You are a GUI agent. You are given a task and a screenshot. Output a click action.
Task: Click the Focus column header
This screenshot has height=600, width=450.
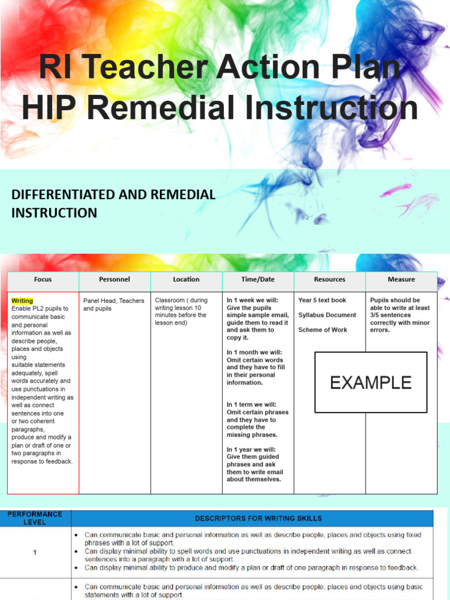tap(43, 280)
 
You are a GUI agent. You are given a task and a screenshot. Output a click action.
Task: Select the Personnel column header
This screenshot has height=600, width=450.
tap(114, 280)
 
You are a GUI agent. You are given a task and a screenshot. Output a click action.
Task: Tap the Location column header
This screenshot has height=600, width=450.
tap(186, 280)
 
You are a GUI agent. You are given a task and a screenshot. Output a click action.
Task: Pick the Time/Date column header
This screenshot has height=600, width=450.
tap(258, 280)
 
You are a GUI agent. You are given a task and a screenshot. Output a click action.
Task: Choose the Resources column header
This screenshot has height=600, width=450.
tap(329, 280)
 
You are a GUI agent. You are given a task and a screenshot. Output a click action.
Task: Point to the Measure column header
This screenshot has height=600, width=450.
tap(401, 280)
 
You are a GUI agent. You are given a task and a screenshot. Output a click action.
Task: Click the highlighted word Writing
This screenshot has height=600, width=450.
tap(22, 301)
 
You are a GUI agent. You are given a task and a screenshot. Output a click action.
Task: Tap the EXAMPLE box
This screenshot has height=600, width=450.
tap(370, 383)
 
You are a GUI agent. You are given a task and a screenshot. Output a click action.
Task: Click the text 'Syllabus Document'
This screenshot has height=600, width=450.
tap(327, 315)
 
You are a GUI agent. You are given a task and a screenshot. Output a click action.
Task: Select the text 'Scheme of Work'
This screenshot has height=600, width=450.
tap(322, 330)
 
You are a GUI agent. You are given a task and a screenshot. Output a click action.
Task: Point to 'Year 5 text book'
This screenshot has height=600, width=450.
tap(322, 301)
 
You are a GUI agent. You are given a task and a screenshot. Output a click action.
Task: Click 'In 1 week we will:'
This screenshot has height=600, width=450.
tap(253, 301)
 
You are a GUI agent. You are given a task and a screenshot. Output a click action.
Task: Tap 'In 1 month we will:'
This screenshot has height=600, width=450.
tap(255, 353)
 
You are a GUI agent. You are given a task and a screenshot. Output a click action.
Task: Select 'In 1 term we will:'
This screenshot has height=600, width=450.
tap(251, 405)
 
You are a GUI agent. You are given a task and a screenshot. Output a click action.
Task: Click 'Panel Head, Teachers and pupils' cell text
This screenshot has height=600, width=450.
tap(114, 305)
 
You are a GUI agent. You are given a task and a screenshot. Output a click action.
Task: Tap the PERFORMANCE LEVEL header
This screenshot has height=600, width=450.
tap(35, 518)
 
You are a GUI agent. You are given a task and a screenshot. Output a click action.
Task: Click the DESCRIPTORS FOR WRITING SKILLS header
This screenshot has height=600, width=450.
tap(258, 519)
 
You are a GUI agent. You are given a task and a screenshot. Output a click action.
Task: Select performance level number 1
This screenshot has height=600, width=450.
tap(35, 551)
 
